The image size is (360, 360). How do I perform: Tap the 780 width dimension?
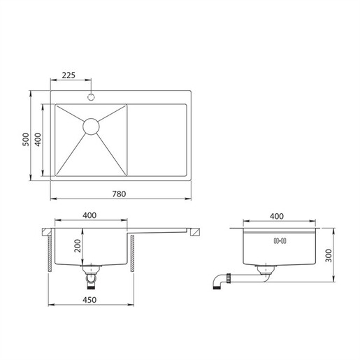click(119, 194)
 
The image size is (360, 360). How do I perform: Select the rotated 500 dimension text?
click(26, 139)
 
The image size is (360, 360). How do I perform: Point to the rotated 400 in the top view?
click(41, 139)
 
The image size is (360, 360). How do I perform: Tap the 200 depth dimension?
click(78, 247)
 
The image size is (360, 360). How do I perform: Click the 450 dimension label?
click(89, 300)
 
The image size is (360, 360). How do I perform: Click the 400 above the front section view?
click(89, 215)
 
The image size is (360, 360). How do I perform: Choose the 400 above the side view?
click(276, 215)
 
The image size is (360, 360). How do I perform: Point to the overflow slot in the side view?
click(280, 241)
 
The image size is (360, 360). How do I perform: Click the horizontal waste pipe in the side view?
click(245, 278)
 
